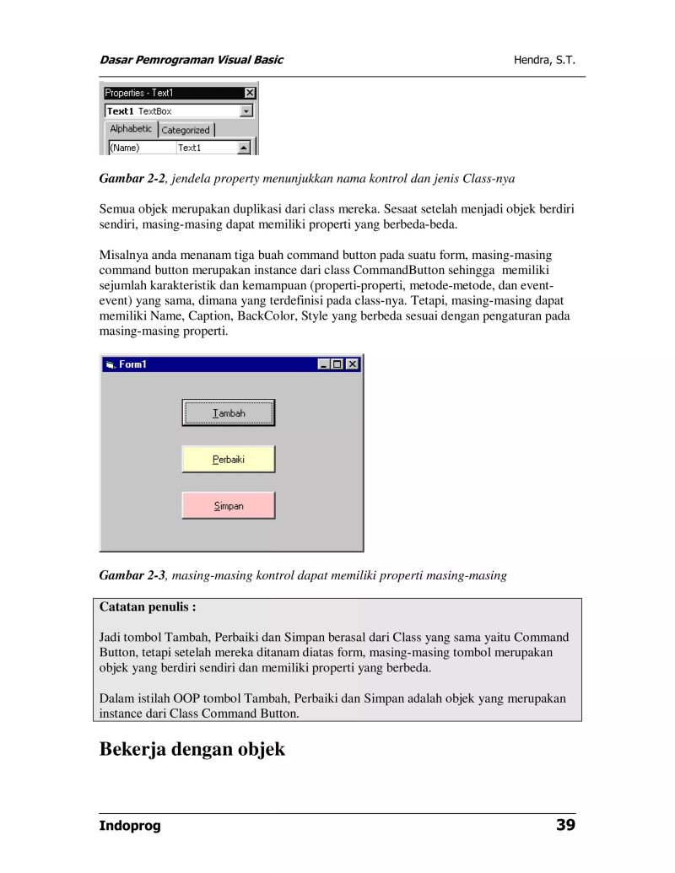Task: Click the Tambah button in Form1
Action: click(x=228, y=413)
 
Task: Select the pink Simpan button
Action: click(x=228, y=506)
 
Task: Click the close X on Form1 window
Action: click(x=353, y=364)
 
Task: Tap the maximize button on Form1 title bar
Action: click(x=338, y=364)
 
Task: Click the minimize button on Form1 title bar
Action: click(x=325, y=364)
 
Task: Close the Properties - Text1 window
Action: click(x=250, y=93)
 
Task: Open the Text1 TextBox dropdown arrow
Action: click(x=246, y=111)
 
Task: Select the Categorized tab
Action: click(x=186, y=130)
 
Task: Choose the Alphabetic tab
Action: click(x=131, y=129)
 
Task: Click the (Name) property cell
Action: click(x=141, y=148)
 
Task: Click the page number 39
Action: click(x=565, y=825)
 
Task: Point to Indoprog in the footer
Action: click(x=130, y=826)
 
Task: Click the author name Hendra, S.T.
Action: click(x=544, y=60)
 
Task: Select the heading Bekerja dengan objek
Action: click(x=192, y=749)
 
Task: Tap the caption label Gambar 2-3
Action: click(x=132, y=575)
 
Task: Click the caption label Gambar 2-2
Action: click(x=132, y=179)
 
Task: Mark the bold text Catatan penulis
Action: click(x=148, y=606)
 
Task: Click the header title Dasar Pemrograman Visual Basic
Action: click(x=192, y=60)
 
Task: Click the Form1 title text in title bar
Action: click(x=132, y=364)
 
